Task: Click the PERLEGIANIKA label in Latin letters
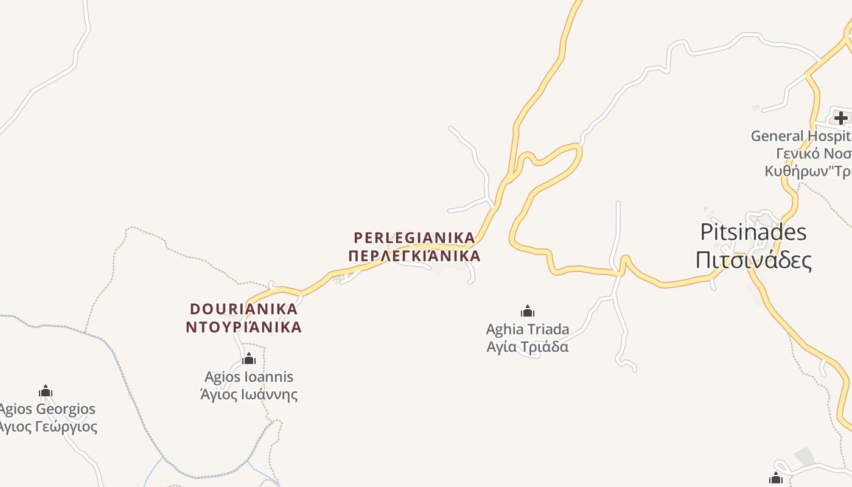coord(414,237)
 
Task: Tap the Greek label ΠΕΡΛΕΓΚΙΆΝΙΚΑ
coord(414,256)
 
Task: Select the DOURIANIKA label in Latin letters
coord(243,309)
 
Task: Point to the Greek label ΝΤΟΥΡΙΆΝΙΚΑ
coord(243,327)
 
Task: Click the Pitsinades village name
coord(753,232)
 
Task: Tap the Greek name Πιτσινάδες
coord(753,260)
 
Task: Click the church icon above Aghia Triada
coord(528,312)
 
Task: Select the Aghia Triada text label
coord(528,329)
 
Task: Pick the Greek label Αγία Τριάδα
coord(528,347)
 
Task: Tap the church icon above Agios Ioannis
coord(249,359)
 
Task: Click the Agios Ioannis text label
coord(249,377)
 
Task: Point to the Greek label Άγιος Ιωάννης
coord(249,394)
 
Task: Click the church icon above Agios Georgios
coord(46,391)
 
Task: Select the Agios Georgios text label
coord(47,409)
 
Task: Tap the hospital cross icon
coord(840,117)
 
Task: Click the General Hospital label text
coord(801,136)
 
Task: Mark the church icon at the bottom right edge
coord(776,478)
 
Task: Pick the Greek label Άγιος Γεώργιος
coord(47,426)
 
